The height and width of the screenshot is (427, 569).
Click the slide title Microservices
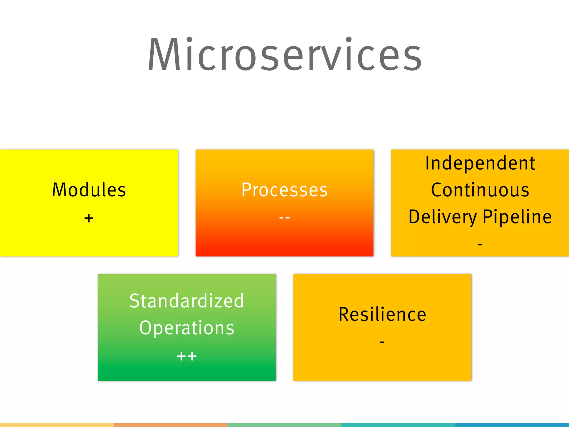pyautogui.click(x=284, y=54)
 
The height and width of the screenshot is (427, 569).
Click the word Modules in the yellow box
pyautogui.click(x=89, y=190)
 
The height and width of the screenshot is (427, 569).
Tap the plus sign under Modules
pyautogui.click(x=89, y=218)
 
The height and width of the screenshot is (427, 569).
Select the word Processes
pyautogui.click(x=284, y=190)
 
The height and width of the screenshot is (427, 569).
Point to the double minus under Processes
pyautogui.click(x=284, y=217)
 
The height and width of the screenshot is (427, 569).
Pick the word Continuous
pyautogui.click(x=480, y=190)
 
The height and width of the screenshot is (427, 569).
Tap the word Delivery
pyautogui.click(x=442, y=217)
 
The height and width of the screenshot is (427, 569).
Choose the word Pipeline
pyautogui.click(x=517, y=217)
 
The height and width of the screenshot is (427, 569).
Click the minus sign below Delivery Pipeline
pyautogui.click(x=480, y=244)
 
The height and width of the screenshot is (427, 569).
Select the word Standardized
pyautogui.click(x=186, y=301)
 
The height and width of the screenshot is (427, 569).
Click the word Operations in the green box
pyautogui.click(x=186, y=328)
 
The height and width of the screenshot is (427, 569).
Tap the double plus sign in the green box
pyautogui.click(x=186, y=356)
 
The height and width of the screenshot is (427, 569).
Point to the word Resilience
pyautogui.click(x=382, y=314)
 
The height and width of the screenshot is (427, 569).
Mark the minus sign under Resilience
pyautogui.click(x=382, y=342)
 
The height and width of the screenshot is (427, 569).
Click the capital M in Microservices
pyautogui.click(x=164, y=54)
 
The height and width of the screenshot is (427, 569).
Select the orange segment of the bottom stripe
pyautogui.click(x=171, y=425)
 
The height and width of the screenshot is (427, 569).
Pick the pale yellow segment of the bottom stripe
pyautogui.click(x=57, y=425)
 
